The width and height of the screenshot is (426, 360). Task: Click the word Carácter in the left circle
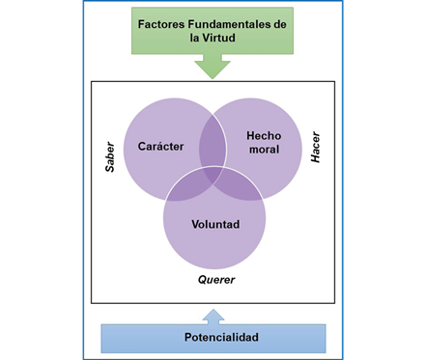(x=160, y=146)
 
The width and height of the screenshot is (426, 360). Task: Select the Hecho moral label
(x=264, y=144)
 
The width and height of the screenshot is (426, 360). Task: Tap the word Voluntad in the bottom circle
(x=214, y=224)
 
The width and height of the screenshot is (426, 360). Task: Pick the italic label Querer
(x=216, y=280)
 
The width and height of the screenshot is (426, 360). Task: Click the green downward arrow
(x=213, y=66)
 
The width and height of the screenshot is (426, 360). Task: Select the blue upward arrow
(x=213, y=314)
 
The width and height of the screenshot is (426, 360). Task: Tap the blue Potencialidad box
(x=213, y=338)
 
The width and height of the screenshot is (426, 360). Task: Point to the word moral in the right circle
(x=264, y=152)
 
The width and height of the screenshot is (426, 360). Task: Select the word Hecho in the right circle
(x=264, y=136)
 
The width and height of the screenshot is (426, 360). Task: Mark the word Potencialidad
(x=213, y=338)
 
